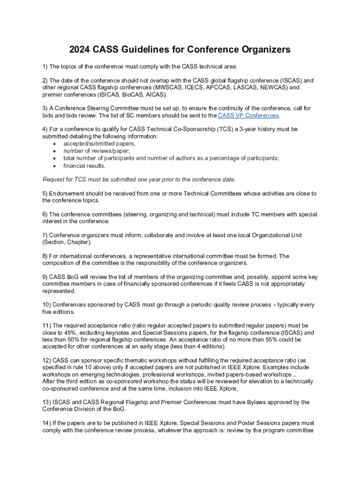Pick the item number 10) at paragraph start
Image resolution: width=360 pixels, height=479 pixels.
coord(47,305)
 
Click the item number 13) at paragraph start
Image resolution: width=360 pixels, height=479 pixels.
coord(47,402)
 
